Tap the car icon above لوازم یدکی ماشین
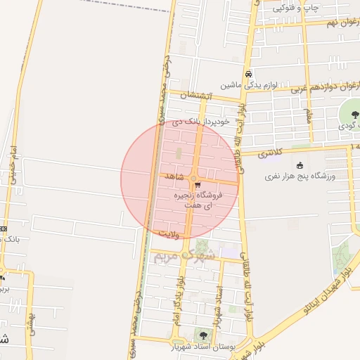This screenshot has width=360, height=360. [x=248, y=74]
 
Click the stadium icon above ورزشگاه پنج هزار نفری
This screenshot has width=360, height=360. [x=300, y=165]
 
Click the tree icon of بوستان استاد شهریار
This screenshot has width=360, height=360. [x=204, y=335]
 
